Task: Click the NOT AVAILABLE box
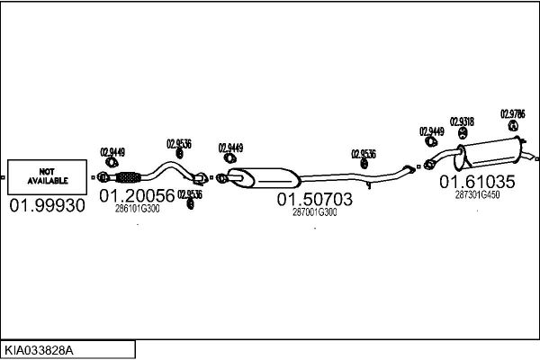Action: pos(48,176)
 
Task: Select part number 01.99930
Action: pos(47,206)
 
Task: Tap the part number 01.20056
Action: pos(137,195)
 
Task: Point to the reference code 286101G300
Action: pos(137,209)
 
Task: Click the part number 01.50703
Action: pos(314,200)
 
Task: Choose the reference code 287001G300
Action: pos(314,213)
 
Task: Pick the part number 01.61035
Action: pos(477,182)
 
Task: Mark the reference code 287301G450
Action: pos(477,194)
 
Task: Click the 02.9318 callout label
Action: pos(462,121)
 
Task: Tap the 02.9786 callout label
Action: pos(513,114)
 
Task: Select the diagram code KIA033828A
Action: pos(40,349)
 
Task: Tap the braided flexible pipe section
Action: pos(130,176)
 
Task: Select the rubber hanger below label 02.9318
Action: pos(463,136)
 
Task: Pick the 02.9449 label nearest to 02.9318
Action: pos(432,131)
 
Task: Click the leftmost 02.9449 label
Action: pos(112,151)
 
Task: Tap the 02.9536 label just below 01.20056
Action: pos(190,193)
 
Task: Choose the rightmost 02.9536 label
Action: pos(364,154)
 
